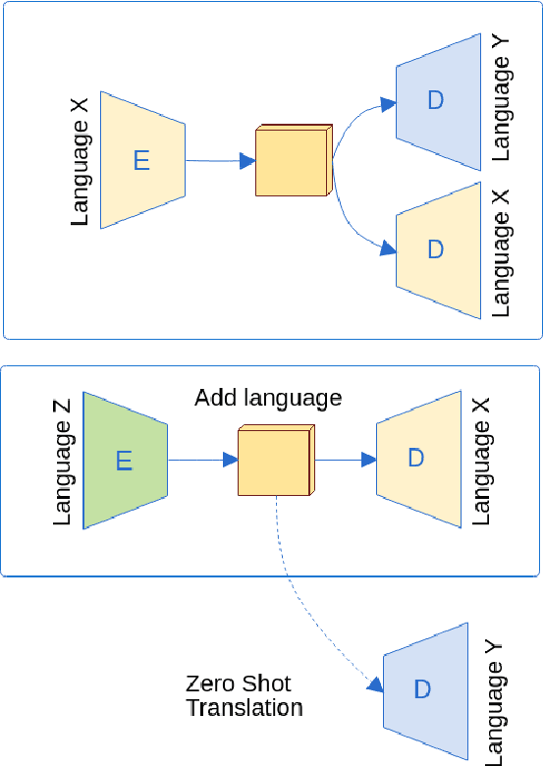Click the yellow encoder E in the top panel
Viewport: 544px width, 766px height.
[142, 160]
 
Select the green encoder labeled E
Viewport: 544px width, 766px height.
[124, 460]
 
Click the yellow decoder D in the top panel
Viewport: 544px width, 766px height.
[438, 249]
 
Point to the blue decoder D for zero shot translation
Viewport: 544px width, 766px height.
[423, 689]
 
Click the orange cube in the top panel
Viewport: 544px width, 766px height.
[292, 162]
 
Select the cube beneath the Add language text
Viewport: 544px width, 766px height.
[276, 461]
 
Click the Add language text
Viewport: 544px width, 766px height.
[268, 398]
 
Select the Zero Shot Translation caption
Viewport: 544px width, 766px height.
[244, 695]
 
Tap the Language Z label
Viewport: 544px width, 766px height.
[64, 460]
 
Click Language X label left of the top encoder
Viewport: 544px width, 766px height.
[82, 160]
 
